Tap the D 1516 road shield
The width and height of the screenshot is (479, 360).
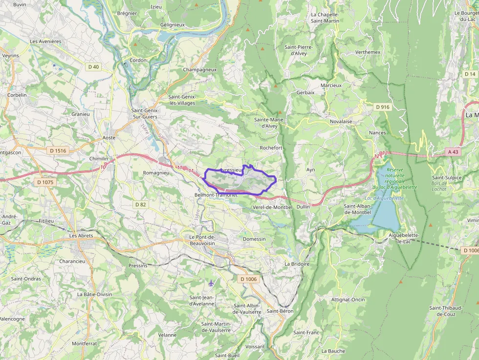tap(58, 150)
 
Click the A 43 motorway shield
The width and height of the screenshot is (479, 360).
tap(453, 152)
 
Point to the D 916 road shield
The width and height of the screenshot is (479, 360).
tap(383, 106)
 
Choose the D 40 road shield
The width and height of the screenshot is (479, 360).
tap(93, 67)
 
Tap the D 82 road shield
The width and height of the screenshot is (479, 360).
tap(140, 204)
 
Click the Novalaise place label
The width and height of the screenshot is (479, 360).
tap(341, 122)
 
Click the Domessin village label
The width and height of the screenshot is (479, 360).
tap(254, 239)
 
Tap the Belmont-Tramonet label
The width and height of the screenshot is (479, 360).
tap(216, 194)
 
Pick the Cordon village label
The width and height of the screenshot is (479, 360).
tap(138, 60)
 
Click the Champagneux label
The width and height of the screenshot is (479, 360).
tap(199, 70)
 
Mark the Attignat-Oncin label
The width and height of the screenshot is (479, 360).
tap(348, 299)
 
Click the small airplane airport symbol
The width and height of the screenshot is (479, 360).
tap(211, 283)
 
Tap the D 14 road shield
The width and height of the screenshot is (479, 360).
tap(470, 74)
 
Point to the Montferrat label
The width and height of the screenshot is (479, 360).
tap(85, 343)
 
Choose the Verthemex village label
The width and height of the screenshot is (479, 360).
tap(368, 52)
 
